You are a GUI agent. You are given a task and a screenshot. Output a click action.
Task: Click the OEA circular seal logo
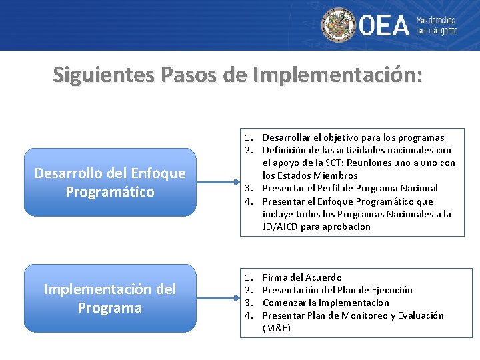(339, 25)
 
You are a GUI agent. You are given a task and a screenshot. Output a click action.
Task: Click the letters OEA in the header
(385, 25)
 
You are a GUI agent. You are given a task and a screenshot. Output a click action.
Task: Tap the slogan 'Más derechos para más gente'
(437, 25)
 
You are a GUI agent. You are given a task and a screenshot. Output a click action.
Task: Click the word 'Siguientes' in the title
(101, 75)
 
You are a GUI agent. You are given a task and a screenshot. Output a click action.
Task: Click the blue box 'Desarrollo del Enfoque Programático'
(110, 182)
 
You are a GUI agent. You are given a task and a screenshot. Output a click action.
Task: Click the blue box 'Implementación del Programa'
(110, 298)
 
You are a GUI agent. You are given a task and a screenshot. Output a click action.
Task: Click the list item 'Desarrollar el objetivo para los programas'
(353, 137)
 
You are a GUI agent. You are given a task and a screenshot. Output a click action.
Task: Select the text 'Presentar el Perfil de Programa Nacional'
(350, 188)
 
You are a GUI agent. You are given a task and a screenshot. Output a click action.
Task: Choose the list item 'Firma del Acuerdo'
(302, 277)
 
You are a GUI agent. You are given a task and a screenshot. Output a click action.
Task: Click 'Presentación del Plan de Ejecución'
(337, 290)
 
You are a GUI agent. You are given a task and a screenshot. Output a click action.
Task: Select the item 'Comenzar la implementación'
(325, 303)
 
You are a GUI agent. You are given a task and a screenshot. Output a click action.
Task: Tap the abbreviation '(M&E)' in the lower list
(277, 328)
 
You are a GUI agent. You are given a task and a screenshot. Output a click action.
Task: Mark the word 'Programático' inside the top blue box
(110, 192)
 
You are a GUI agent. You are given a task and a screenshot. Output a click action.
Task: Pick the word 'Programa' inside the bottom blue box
(110, 308)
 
